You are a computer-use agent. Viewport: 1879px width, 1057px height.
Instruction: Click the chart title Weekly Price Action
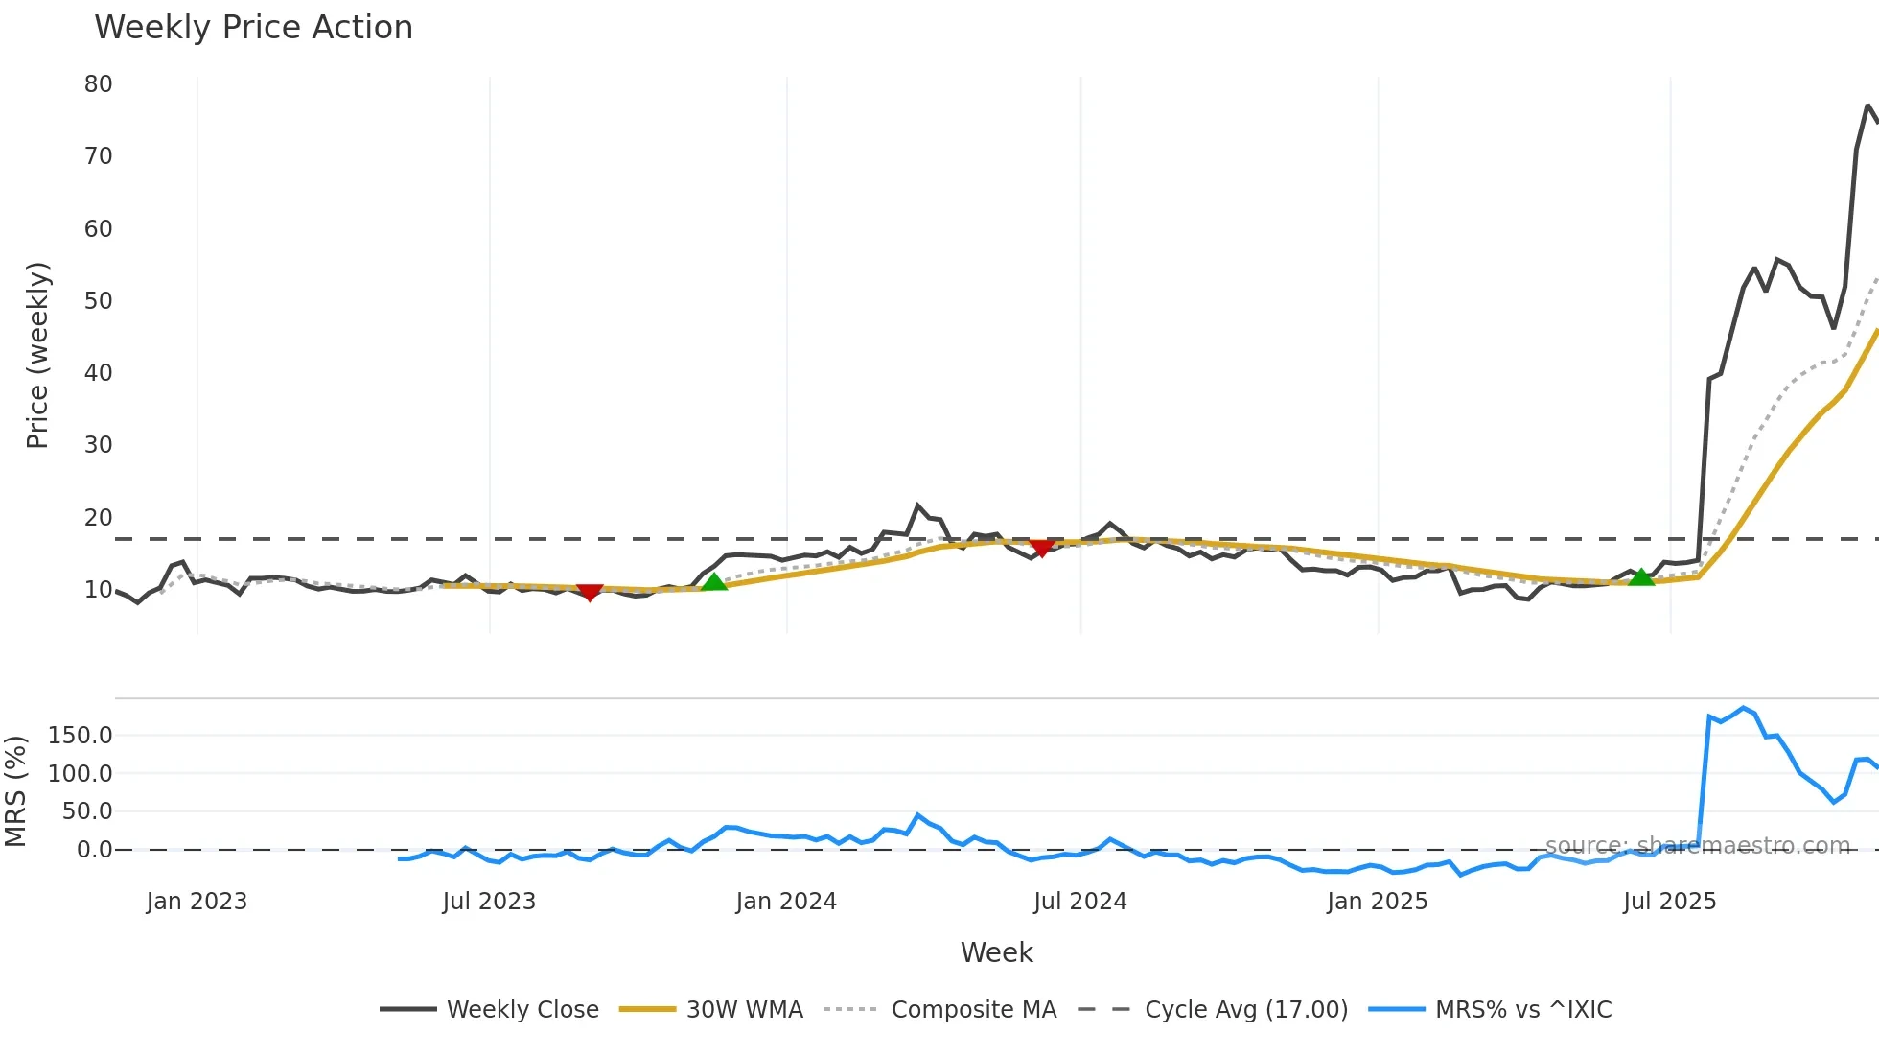pyautogui.click(x=253, y=28)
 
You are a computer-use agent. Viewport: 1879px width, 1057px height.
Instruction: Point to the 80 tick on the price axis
pyautogui.click(x=98, y=84)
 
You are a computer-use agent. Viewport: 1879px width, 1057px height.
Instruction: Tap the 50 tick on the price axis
pyautogui.click(x=98, y=301)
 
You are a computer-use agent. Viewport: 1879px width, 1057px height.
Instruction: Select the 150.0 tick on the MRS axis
pyautogui.click(x=80, y=736)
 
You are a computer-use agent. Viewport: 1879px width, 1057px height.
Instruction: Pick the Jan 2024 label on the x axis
pyautogui.click(x=786, y=902)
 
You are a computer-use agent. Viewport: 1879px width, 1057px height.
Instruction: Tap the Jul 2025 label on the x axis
pyautogui.click(x=1669, y=902)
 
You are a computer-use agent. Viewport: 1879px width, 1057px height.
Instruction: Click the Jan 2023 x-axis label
pyautogui.click(x=197, y=902)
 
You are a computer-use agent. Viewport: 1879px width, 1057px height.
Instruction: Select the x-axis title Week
pyautogui.click(x=996, y=952)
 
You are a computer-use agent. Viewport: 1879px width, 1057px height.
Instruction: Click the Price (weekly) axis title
pyautogui.click(x=37, y=355)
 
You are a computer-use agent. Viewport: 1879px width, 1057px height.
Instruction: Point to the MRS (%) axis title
pyautogui.click(x=15, y=791)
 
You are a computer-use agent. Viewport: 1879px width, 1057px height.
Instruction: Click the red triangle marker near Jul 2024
pyautogui.click(x=1042, y=548)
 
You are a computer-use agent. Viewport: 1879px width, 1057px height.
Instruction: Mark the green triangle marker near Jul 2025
pyautogui.click(x=1641, y=577)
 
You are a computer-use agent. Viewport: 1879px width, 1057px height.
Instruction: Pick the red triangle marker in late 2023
pyautogui.click(x=590, y=593)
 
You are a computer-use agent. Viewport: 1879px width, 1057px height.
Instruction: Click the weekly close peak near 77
pyautogui.click(x=1867, y=106)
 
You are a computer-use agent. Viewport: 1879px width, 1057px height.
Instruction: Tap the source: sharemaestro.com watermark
pyautogui.click(x=1697, y=846)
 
